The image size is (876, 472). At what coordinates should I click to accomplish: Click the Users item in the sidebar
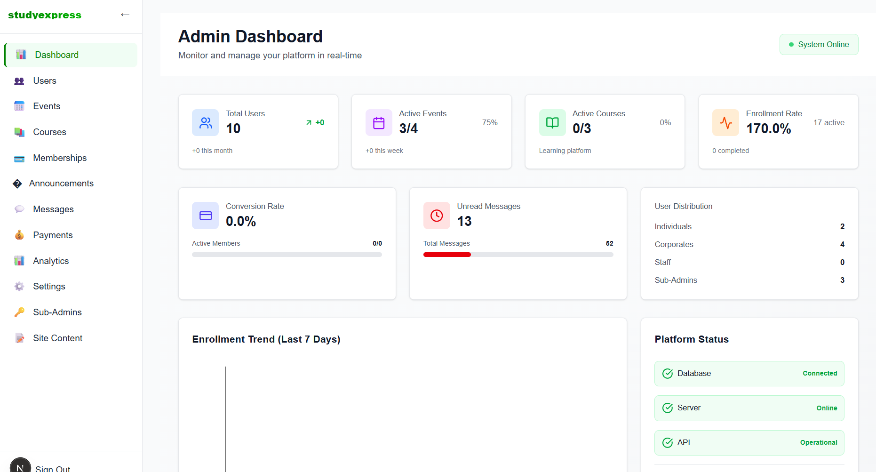[x=44, y=81]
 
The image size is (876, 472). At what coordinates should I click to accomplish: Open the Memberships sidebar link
[x=59, y=158]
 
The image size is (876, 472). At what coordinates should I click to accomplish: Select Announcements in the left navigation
[x=61, y=184]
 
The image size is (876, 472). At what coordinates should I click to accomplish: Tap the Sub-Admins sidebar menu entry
[x=57, y=312]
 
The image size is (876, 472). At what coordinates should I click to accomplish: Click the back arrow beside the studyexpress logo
[x=125, y=15]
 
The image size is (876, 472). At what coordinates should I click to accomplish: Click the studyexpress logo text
[x=45, y=15]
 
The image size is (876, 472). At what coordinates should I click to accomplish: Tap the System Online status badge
[x=819, y=44]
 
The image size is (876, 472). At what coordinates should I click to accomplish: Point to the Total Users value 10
[x=233, y=128]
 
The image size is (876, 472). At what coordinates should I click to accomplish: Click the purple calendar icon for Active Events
[x=379, y=123]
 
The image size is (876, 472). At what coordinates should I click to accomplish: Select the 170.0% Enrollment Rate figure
[x=768, y=128]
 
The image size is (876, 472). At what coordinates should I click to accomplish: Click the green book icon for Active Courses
[x=552, y=123]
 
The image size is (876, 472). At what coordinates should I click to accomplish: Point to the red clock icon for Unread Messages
[x=437, y=216]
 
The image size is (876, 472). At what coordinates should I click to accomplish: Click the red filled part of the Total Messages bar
[x=447, y=255]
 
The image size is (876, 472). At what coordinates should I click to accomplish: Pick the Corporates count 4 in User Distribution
[x=842, y=245]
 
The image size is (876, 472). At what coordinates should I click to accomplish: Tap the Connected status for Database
[x=820, y=374]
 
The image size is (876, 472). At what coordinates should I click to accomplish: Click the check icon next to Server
[x=668, y=408]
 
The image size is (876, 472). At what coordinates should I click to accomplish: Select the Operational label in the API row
[x=819, y=443]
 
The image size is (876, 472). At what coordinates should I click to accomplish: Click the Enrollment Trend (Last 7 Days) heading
[x=266, y=339]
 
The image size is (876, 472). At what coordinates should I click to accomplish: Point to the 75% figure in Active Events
[x=490, y=123]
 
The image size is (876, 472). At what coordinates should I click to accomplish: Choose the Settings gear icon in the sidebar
[x=19, y=287]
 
